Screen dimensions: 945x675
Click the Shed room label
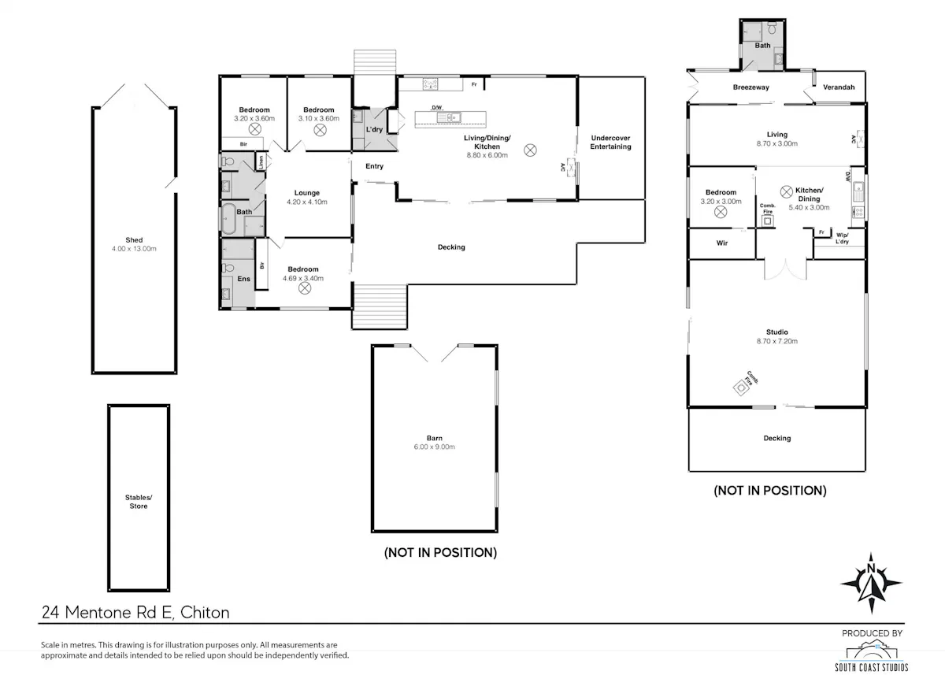pos(134,240)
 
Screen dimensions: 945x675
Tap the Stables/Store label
pos(139,502)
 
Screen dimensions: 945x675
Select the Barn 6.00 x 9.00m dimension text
pos(435,447)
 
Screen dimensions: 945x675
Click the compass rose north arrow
pos(871,583)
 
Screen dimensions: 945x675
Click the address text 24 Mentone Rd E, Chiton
pos(135,612)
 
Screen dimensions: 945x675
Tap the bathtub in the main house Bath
pos(228,218)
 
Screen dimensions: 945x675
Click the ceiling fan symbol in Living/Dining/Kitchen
pos(530,150)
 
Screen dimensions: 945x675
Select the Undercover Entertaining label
pos(610,143)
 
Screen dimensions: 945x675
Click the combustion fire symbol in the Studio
pos(741,388)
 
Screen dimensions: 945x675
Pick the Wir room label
pos(722,243)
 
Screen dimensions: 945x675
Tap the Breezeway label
pos(751,87)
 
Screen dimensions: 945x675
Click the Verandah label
pos(839,87)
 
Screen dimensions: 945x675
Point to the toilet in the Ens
pos(228,268)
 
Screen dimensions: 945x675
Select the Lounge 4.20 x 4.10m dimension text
pos(307,202)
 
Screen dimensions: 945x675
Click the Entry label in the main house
pos(375,166)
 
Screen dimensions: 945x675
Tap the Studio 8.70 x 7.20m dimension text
pos(777,341)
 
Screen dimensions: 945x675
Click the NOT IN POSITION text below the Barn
pos(440,553)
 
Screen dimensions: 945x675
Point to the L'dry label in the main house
pos(374,129)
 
